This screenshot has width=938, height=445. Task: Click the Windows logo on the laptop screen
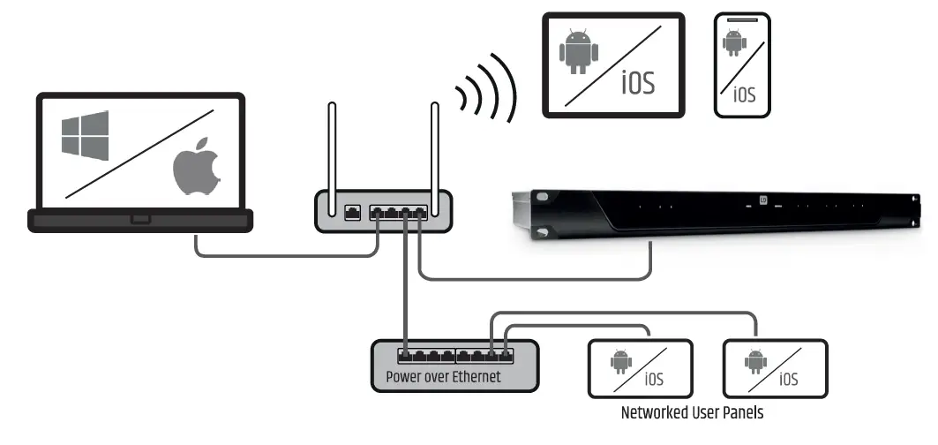[x=85, y=135]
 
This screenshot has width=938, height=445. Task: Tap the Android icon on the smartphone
[x=732, y=41]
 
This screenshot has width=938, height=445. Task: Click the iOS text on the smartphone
[x=745, y=94]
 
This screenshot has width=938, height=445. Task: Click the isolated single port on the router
[x=350, y=212]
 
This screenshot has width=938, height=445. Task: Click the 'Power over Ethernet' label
[x=443, y=377]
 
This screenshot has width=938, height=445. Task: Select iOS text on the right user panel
[x=788, y=380]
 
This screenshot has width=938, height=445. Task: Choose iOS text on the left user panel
[x=653, y=380]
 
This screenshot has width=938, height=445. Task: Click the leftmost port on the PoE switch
[x=406, y=356]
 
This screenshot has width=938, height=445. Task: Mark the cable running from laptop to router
[x=282, y=256]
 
